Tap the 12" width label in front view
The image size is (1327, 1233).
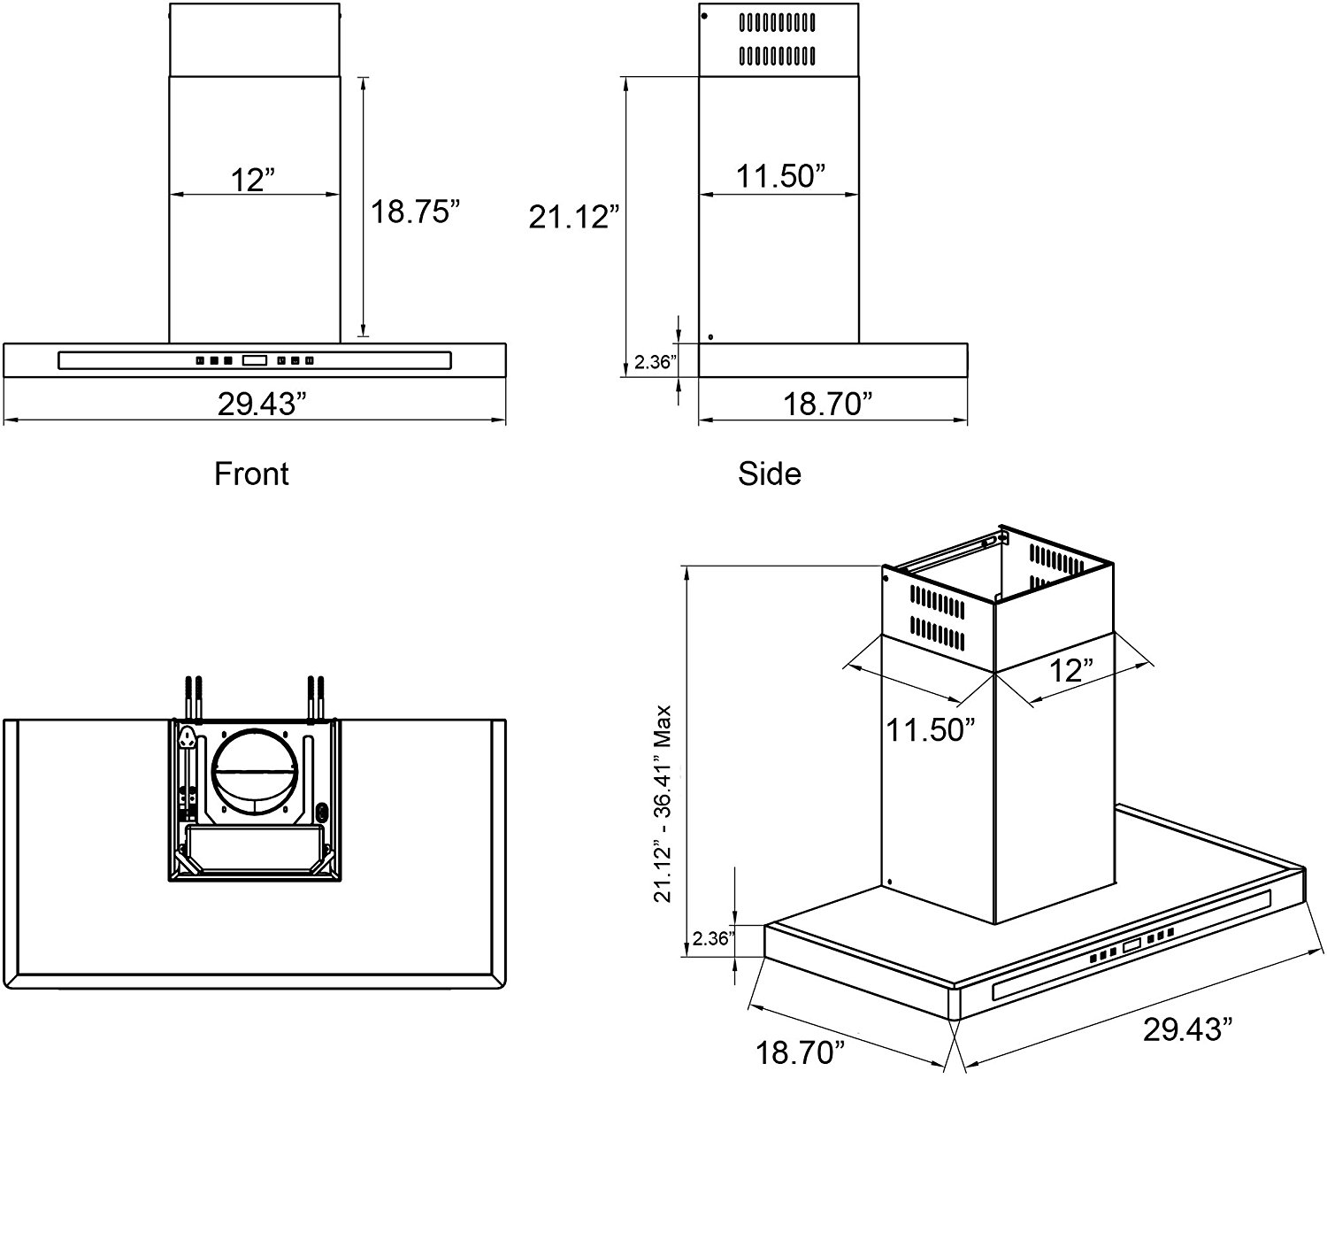tap(254, 180)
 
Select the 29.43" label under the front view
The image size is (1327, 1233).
tap(262, 405)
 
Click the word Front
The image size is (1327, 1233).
tap(252, 474)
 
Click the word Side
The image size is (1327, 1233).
tap(769, 474)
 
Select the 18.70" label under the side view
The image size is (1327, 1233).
tap(828, 405)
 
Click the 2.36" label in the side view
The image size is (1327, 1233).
tap(656, 361)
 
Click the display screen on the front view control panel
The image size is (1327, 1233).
tap(255, 360)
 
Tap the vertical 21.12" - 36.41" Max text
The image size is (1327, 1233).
tap(664, 803)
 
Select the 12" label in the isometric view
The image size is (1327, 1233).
tap(1071, 669)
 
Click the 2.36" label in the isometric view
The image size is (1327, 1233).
tap(713, 939)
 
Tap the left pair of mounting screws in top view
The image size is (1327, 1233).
tap(195, 697)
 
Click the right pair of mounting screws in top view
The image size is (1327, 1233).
tap(315, 697)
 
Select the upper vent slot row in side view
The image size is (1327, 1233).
tap(777, 19)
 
